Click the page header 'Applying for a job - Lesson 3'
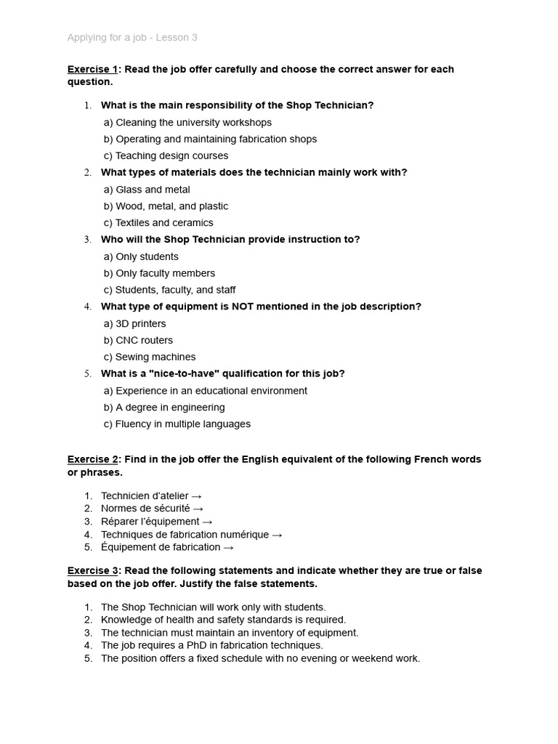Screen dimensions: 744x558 click(132, 37)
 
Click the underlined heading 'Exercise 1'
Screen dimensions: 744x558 click(92, 69)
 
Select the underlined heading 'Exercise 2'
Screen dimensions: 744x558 click(92, 459)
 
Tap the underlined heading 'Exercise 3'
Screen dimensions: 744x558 click(92, 570)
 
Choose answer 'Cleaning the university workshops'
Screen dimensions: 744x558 click(187, 122)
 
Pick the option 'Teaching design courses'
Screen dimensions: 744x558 click(166, 155)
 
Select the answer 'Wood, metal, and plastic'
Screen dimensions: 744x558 click(166, 206)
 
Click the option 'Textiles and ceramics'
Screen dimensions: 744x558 click(158, 223)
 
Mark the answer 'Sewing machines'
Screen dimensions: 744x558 click(150, 357)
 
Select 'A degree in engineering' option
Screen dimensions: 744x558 click(164, 407)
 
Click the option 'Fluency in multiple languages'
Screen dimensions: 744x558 click(177, 424)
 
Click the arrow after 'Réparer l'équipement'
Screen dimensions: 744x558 click(208, 522)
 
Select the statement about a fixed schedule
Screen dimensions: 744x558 click(260, 658)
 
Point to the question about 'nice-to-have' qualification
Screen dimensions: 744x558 click(222, 373)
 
